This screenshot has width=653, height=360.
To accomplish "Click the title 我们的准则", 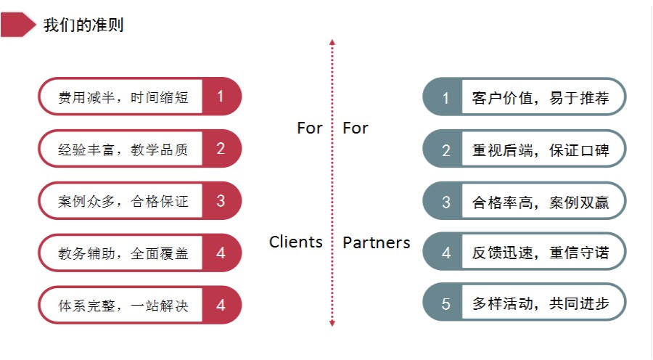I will tap(83, 25).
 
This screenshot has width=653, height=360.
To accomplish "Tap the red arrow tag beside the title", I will tap(18, 25).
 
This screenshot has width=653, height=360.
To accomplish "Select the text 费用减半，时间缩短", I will tap(123, 97).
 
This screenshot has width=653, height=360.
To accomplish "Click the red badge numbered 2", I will tap(221, 149).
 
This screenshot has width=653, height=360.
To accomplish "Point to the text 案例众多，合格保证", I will tap(123, 201).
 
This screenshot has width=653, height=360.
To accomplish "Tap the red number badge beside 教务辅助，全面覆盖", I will tap(221, 253).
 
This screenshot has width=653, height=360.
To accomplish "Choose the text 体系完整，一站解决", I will tap(123, 306).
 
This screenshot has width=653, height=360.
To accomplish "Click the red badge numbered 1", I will tap(221, 96).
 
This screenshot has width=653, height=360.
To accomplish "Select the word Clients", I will tap(296, 242).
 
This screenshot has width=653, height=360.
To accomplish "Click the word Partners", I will tap(376, 242).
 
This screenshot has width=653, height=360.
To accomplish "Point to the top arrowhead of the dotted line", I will tap(332, 43).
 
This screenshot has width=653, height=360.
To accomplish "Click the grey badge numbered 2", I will tap(446, 150).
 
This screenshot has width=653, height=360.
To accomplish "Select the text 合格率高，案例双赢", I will tap(541, 202).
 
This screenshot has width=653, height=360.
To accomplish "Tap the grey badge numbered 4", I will tap(446, 253).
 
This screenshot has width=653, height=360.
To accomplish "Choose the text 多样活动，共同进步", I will tap(541, 304).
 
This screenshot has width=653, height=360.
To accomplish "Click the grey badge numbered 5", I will tap(446, 304).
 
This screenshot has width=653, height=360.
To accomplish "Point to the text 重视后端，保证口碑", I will tap(541, 150).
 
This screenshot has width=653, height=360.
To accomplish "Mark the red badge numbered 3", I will tap(221, 201).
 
